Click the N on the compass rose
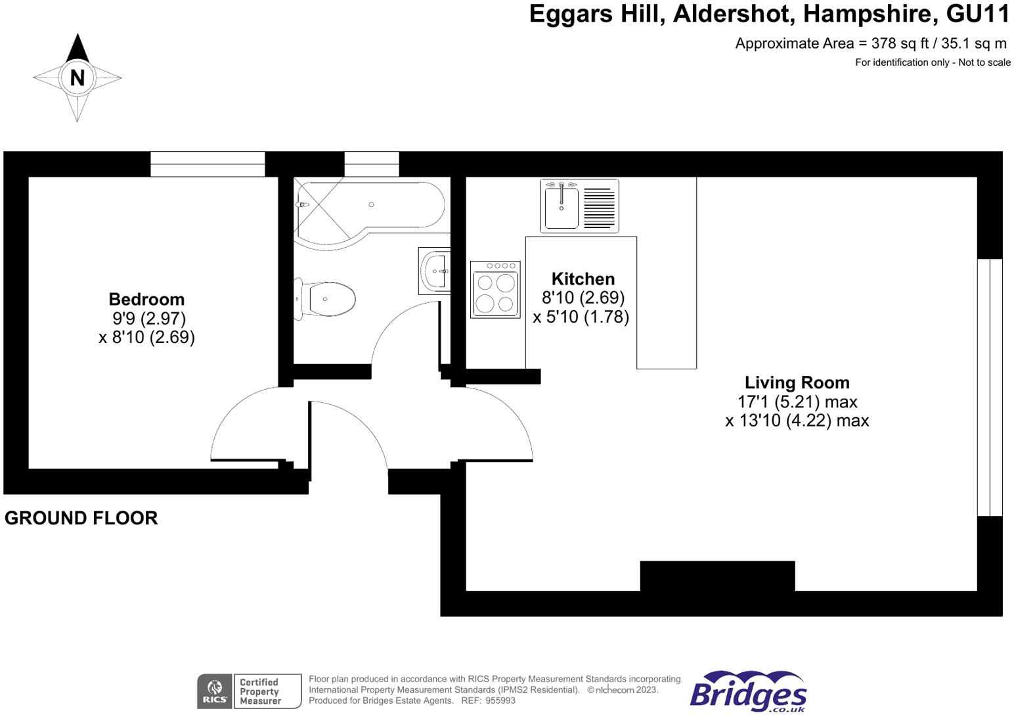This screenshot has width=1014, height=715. point(77,78)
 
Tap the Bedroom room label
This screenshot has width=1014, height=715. point(146,300)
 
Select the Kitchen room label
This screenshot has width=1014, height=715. point(583,279)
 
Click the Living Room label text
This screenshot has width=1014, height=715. point(797,382)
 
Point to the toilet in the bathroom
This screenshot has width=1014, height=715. point(326,299)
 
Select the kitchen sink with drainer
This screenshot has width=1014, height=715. point(579,206)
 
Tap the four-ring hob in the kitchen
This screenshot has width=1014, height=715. point(495,290)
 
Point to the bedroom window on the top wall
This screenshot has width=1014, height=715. point(208,164)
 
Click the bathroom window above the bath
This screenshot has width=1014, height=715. point(371,164)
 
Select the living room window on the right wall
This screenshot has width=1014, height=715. point(990,387)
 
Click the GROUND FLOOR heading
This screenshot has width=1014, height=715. point(81,518)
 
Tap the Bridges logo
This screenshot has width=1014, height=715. point(749,691)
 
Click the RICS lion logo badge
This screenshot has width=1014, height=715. point(214,691)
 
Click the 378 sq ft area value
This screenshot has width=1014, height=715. point(900,43)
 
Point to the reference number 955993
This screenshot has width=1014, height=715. point(500,701)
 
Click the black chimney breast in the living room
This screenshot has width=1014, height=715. point(717,576)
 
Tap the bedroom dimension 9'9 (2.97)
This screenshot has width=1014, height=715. point(149,318)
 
